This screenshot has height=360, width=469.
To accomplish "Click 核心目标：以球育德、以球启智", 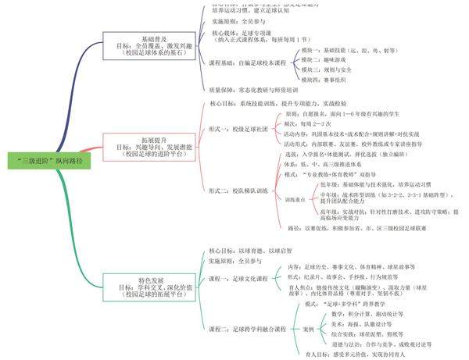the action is pyautogui.click(x=247, y=251).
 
